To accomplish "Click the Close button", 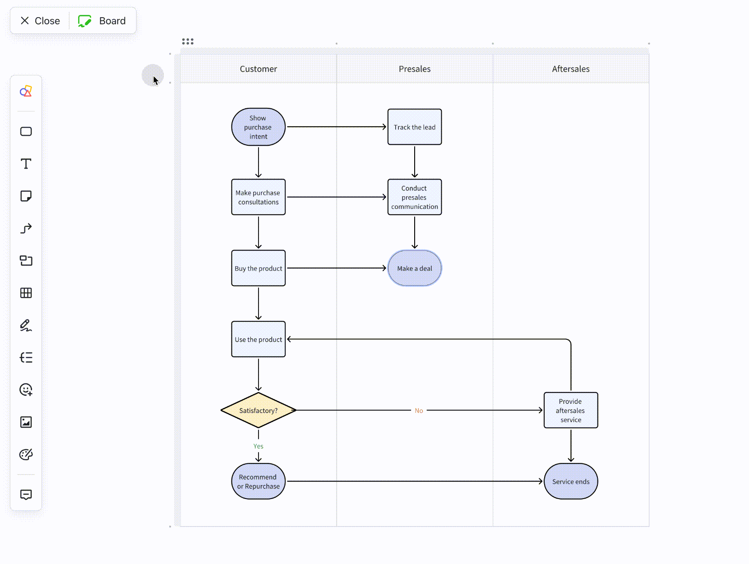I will [40, 21].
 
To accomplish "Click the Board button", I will [102, 21].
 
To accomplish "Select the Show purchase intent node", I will [258, 127].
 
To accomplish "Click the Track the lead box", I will [414, 127].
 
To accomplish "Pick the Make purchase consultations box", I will [258, 197].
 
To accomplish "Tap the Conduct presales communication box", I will [414, 197].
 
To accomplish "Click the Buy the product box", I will [258, 268].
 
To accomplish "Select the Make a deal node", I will [414, 268].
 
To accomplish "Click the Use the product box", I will [258, 339].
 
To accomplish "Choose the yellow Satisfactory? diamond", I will [258, 410].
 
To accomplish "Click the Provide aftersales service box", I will [570, 410].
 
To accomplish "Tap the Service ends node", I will [570, 481].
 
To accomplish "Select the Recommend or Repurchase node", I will [258, 481].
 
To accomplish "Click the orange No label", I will [419, 411].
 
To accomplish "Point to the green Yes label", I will [258, 446].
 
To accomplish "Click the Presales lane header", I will [414, 69].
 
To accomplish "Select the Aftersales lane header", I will [570, 69].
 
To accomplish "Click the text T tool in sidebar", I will [26, 164].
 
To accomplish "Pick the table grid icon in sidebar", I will [26, 293].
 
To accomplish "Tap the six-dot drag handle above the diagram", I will [188, 42].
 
